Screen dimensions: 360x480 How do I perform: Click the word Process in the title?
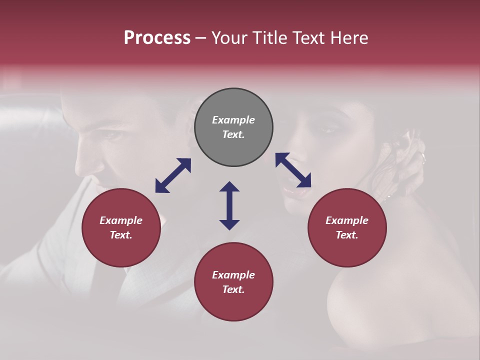pos(157,38)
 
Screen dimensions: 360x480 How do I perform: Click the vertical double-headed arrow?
pos(229,205)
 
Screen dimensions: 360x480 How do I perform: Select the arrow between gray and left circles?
pos(173,175)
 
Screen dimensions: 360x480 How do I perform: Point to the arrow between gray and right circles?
pos(293,170)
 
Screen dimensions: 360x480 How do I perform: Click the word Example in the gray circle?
pos(233,120)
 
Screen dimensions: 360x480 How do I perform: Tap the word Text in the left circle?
pos(121,235)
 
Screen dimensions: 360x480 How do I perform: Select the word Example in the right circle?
pos(347,220)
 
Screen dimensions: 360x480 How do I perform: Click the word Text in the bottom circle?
pos(233,289)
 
